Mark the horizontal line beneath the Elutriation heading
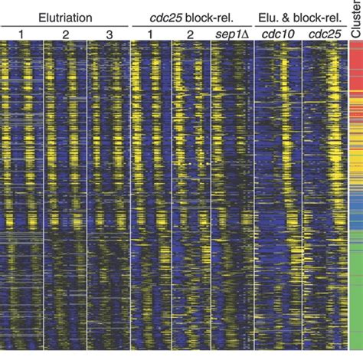point(65,25)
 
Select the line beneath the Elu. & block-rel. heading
point(299,25)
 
